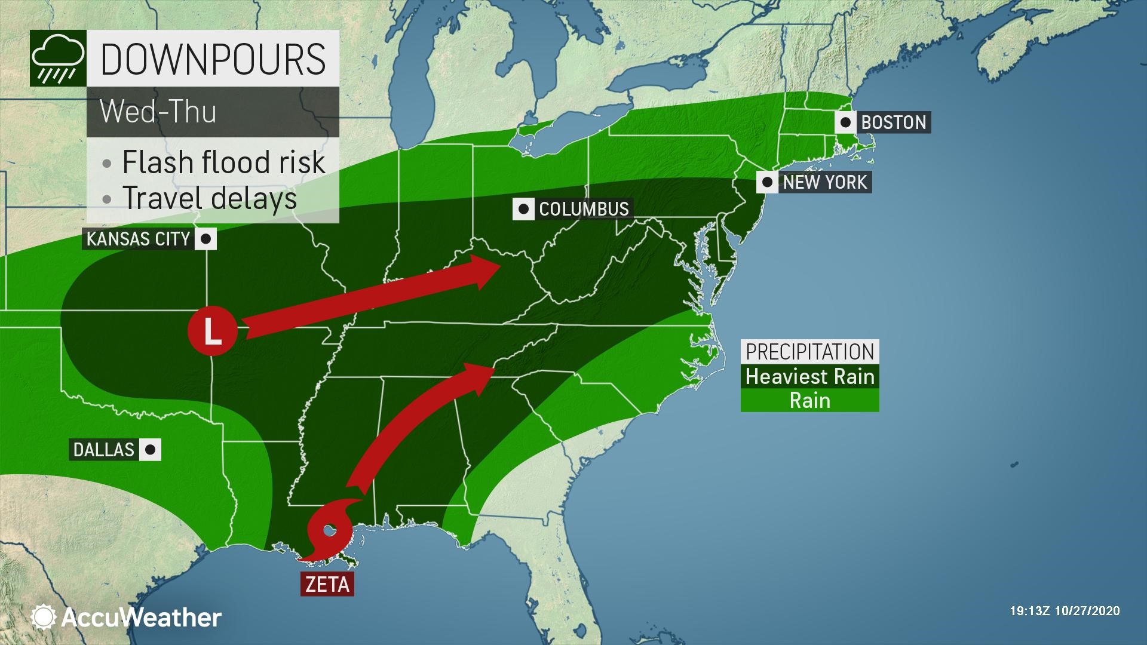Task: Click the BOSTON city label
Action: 893,122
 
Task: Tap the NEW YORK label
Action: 824,182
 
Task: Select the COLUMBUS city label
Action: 584,208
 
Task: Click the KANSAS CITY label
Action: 138,239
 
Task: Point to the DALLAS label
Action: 104,449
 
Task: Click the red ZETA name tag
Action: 327,583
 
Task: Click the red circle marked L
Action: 213,330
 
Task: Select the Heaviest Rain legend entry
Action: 809,376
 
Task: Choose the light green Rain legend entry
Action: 809,400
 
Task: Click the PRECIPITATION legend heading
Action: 809,352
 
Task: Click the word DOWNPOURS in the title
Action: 213,59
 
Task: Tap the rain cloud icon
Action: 57,58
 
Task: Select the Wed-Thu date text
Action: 158,112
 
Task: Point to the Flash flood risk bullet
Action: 223,162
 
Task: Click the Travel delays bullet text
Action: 209,198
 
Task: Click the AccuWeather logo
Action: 127,617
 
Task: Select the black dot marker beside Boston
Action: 845,122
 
